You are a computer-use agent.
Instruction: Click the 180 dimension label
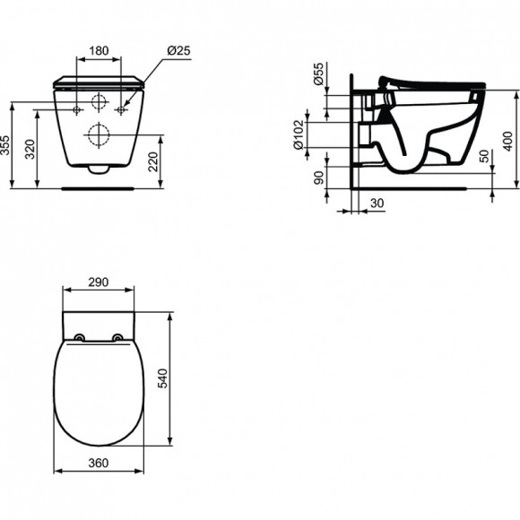(99, 51)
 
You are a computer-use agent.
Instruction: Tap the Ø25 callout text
(178, 50)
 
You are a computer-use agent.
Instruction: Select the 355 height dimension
(4, 145)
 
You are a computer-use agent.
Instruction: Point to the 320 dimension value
(30, 149)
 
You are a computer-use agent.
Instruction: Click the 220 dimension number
(153, 161)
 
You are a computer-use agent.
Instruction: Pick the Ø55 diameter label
(317, 74)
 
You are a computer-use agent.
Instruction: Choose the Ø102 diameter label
(299, 134)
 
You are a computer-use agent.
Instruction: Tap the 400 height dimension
(507, 142)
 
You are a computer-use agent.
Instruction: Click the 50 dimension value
(484, 156)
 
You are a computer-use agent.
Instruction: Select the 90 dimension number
(318, 178)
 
